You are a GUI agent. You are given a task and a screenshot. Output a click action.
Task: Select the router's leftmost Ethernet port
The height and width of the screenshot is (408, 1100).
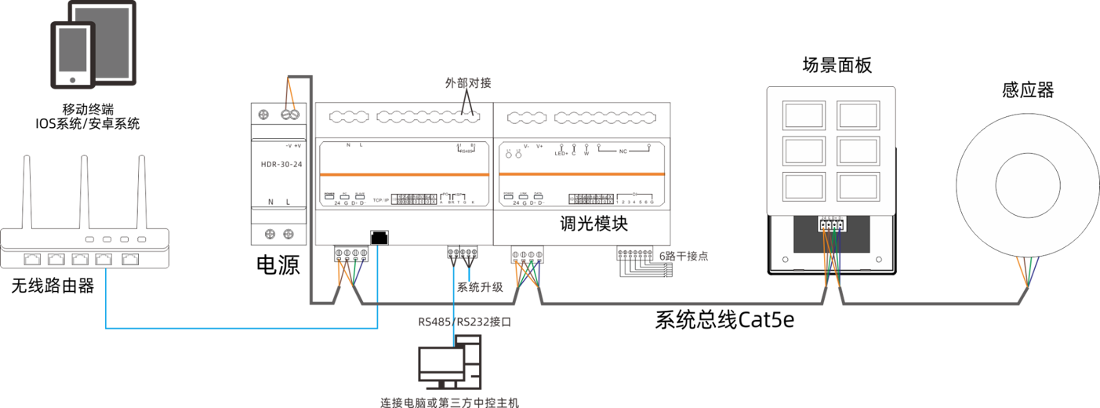point(33,258)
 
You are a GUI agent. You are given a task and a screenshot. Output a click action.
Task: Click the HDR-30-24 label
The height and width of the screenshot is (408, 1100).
point(281,165)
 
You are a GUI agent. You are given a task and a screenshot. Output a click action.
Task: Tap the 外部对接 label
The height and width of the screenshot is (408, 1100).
point(467,82)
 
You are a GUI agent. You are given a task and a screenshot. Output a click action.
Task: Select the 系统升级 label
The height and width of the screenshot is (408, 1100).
point(480,287)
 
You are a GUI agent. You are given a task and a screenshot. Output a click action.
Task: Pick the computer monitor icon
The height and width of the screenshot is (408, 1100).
point(441,363)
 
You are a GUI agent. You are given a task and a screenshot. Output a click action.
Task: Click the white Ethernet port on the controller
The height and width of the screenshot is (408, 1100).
point(379,237)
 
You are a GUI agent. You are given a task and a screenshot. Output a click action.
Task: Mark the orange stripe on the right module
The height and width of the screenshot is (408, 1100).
point(582,174)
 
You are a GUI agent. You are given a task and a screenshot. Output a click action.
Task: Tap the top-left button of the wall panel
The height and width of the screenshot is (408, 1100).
point(803,115)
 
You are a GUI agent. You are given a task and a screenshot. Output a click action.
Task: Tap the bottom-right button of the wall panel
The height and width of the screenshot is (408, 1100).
point(860,187)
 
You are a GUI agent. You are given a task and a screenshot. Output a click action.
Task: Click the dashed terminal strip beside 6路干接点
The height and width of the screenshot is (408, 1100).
point(635,255)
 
